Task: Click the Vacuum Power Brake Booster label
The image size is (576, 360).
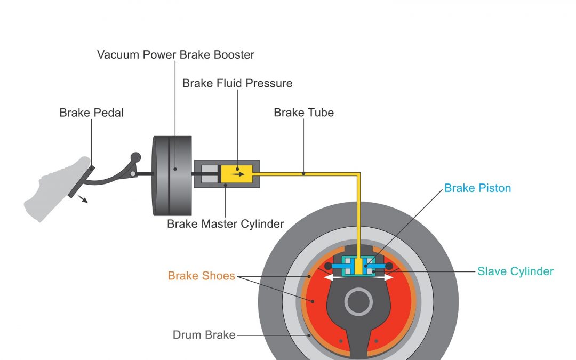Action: [x=175, y=55]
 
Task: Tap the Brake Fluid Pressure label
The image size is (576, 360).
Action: [x=237, y=84]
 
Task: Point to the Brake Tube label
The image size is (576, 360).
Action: [x=303, y=113]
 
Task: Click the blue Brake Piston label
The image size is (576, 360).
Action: [x=477, y=188]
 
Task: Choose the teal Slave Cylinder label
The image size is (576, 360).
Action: [x=515, y=271]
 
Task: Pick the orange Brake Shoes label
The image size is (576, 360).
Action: [x=201, y=276]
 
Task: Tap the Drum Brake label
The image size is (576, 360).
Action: [x=204, y=335]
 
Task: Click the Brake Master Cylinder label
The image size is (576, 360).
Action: [x=225, y=223]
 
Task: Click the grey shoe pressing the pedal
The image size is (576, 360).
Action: [x=51, y=189]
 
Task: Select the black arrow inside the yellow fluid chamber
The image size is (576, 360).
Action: [x=238, y=173]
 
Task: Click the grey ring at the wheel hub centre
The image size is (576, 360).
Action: [x=358, y=302]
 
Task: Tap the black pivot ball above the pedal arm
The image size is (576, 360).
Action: [x=136, y=157]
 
